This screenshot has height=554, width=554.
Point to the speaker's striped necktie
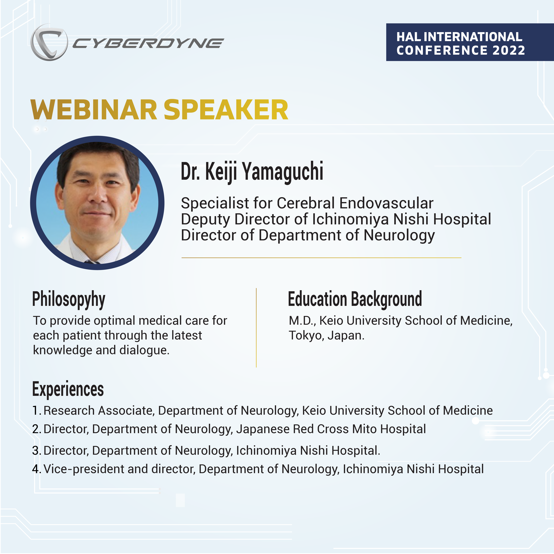coord(92,262)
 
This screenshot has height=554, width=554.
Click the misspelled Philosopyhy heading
coord(69,300)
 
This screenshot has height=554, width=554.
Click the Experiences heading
coord(68,389)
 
